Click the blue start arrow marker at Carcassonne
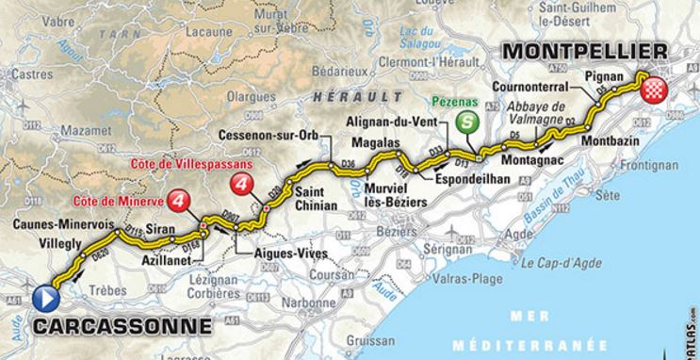(x=45, y=298)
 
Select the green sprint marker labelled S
(x=465, y=123)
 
